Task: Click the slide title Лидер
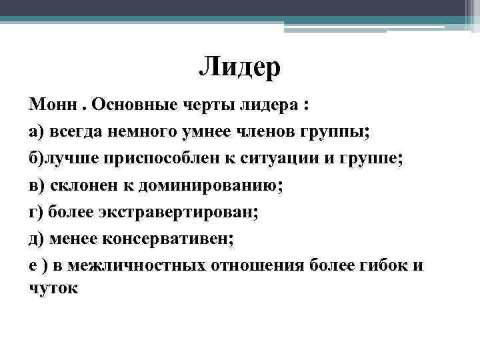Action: point(240,68)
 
